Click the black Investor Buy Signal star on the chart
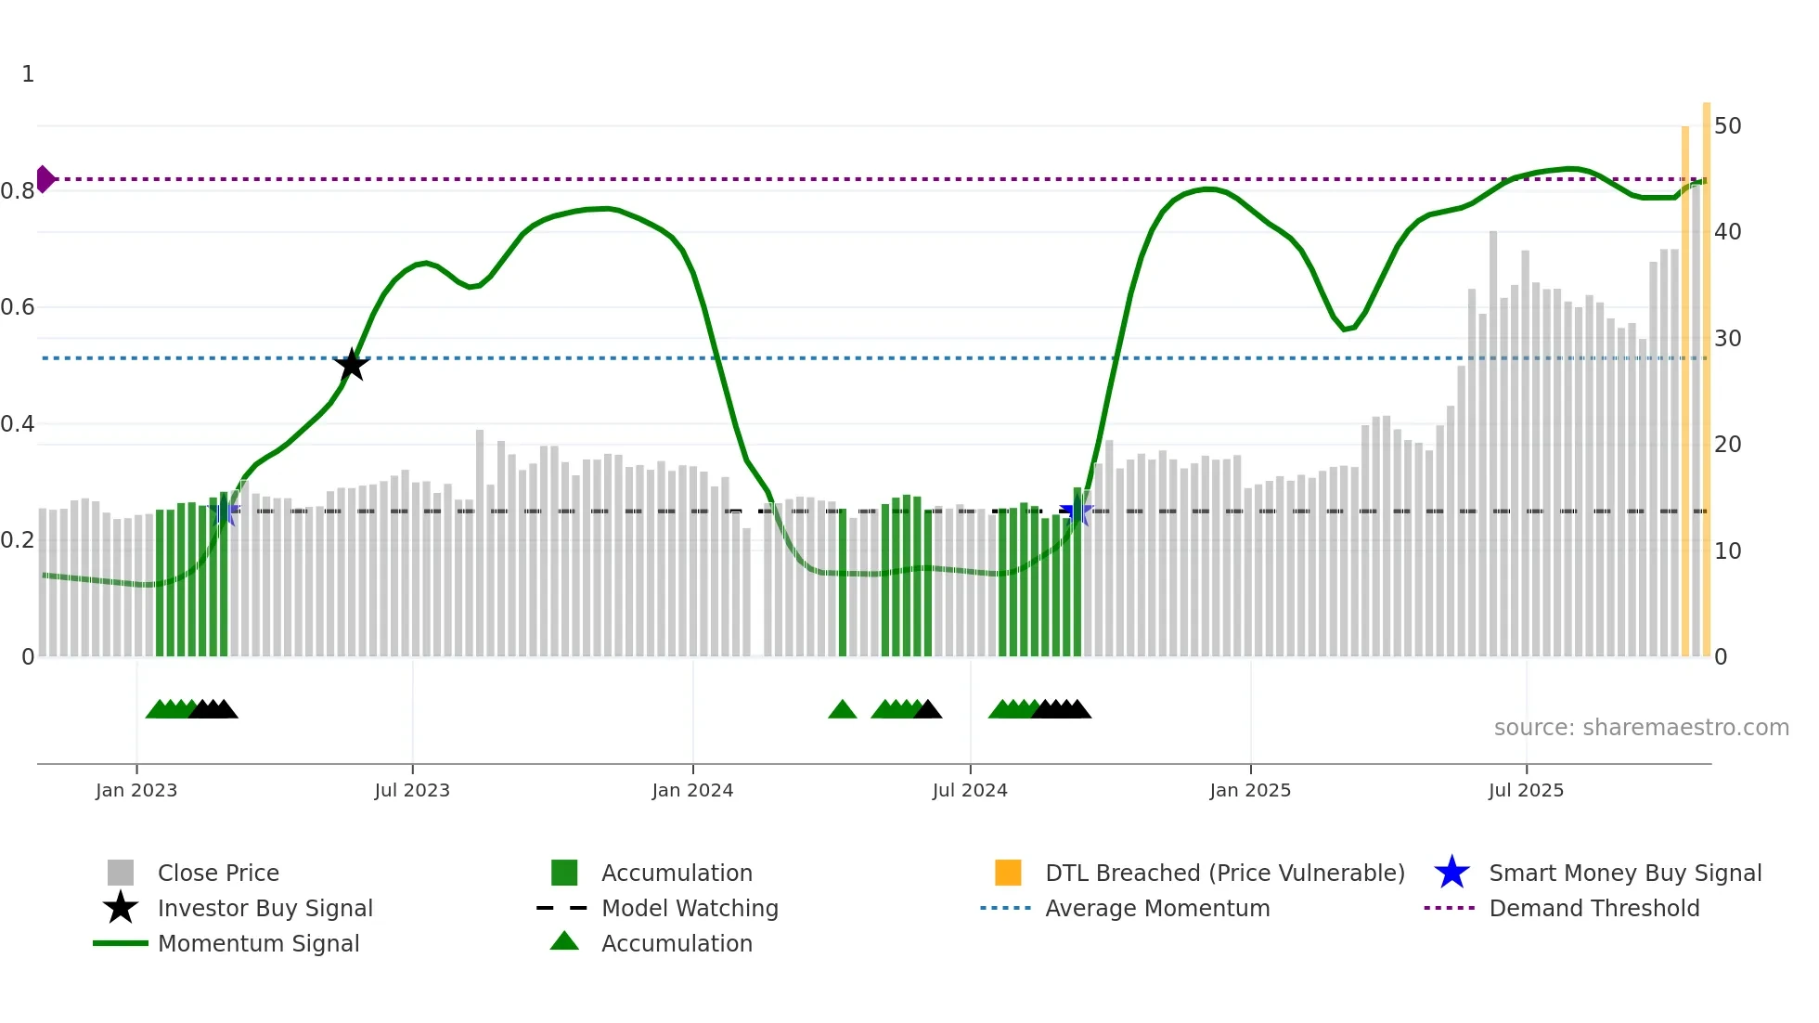click(x=352, y=365)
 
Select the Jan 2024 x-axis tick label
click(x=692, y=790)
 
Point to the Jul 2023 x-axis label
click(x=412, y=790)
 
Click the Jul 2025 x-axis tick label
click(x=1526, y=790)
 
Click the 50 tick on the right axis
click(x=1727, y=125)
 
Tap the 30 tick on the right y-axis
click(x=1727, y=338)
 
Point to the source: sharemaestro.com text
click(x=1641, y=728)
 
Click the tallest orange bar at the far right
click(x=1706, y=371)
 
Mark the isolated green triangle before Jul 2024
click(x=842, y=710)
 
